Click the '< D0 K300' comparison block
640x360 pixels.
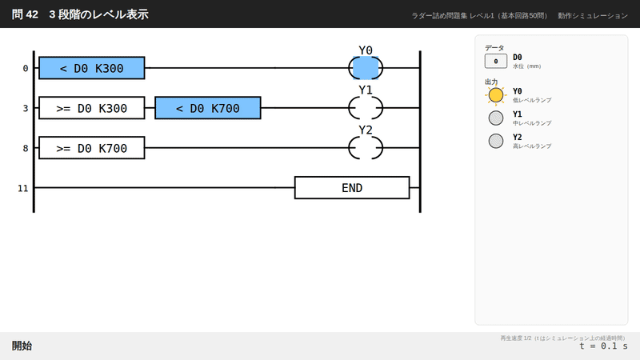click(x=92, y=68)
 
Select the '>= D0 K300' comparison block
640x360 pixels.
click(x=92, y=108)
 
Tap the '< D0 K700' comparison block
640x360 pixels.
click(x=208, y=108)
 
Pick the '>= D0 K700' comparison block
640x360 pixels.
click(x=92, y=148)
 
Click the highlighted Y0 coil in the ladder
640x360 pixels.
click(x=366, y=68)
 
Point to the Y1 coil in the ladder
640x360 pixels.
click(x=366, y=108)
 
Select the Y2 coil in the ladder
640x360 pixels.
click(x=366, y=148)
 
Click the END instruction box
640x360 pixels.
click(x=352, y=188)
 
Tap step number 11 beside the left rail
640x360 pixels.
click(x=23, y=188)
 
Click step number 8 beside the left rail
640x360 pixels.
click(x=26, y=148)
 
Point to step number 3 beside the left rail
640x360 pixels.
click(x=26, y=108)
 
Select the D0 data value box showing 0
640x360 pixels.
click(x=495, y=62)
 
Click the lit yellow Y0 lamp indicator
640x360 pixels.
click(x=496, y=95)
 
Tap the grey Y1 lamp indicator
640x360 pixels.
click(x=496, y=118)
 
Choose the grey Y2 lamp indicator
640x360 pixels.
click(x=496, y=141)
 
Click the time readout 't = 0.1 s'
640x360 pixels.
click(x=603, y=346)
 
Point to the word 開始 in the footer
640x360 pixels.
click(x=22, y=346)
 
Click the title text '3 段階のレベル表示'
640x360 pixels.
click(x=98, y=14)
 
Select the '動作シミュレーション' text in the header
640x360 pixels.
click(x=593, y=15)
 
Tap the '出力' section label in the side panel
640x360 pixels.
click(x=491, y=82)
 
